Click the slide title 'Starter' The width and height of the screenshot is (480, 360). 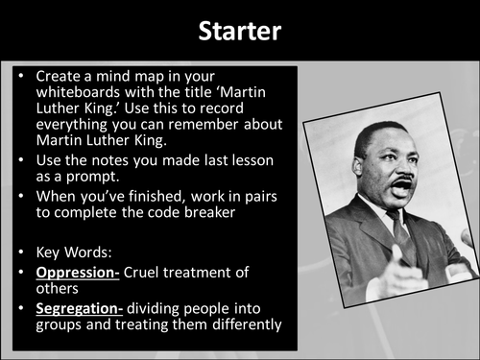tap(239, 31)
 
